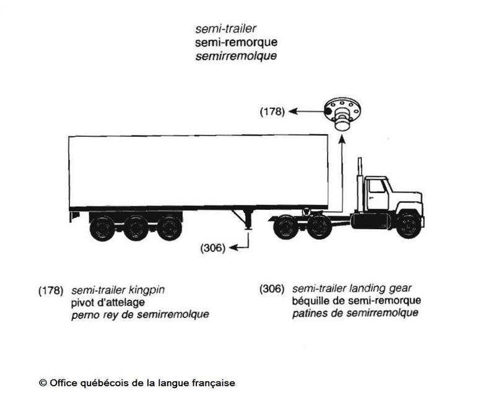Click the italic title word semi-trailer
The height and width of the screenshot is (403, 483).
pos(225,28)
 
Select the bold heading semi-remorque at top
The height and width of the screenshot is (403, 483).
pos(236,42)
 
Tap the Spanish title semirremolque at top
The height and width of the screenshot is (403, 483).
pos(236,56)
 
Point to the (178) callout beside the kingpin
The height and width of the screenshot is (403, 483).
pos(272,111)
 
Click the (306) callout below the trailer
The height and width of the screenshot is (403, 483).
pos(213,248)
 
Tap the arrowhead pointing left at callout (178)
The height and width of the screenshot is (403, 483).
pos(293,111)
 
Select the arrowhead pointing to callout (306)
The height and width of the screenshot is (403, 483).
pos(233,248)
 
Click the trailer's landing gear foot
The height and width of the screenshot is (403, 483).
pos(248,228)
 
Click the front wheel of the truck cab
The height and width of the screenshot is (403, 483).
pos(409,224)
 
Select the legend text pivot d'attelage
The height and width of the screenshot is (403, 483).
pos(108,302)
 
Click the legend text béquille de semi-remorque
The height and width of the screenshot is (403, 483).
pos(357,300)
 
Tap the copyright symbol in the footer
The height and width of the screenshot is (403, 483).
pos(43,383)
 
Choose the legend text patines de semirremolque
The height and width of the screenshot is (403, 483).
pos(355,313)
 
